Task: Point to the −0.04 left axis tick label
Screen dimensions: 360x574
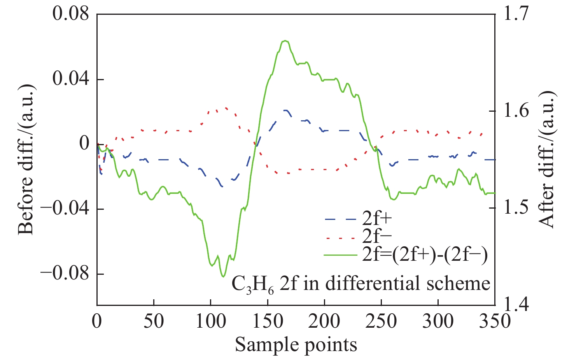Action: click(65, 209)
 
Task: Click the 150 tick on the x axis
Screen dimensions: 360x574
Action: click(267, 321)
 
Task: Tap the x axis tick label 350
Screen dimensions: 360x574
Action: click(494, 321)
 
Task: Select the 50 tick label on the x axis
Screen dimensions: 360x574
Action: click(154, 321)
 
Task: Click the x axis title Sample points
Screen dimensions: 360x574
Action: click(296, 345)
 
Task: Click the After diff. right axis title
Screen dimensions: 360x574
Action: click(547, 160)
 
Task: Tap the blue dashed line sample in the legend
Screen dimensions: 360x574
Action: click(340, 219)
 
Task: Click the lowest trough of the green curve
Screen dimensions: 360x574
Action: click(223, 277)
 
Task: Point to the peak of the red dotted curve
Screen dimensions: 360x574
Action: click(226, 108)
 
